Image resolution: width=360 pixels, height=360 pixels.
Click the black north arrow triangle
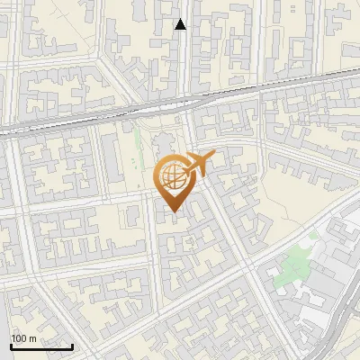[180, 24]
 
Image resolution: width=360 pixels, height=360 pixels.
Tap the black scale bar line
[41, 346]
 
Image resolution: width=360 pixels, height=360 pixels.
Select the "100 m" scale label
[23, 338]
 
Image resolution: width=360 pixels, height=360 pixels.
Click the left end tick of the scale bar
[11, 346]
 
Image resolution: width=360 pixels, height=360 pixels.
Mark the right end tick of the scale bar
[72, 346]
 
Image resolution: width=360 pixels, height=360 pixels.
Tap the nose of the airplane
[213, 156]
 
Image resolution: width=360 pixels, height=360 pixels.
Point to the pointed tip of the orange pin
[172, 212]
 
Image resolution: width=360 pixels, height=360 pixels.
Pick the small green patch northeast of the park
[313, 236]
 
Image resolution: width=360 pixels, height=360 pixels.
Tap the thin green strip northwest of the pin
[138, 148]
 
